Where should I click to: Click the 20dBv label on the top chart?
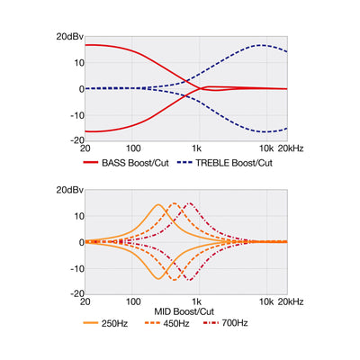(x=69, y=37)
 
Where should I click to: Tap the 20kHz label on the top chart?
(x=291, y=148)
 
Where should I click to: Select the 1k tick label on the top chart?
(x=196, y=148)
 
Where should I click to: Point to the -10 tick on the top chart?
(x=77, y=115)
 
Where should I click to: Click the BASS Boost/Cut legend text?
(x=135, y=163)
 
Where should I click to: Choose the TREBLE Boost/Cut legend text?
(x=234, y=163)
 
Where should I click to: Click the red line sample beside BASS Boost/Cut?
(x=91, y=163)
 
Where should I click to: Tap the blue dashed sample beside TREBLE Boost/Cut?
(x=184, y=163)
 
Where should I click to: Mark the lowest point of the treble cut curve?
(x=264, y=131)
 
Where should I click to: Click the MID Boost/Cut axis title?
(x=184, y=311)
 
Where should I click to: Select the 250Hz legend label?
(x=114, y=323)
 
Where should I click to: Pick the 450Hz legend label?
(x=176, y=323)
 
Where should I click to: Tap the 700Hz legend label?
(x=235, y=323)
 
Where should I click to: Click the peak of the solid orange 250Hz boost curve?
(x=158, y=204)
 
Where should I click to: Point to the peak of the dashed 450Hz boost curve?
(x=174, y=203)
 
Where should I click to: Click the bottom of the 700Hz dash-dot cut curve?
(x=190, y=280)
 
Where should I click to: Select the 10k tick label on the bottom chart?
(x=266, y=301)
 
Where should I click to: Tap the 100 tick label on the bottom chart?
(x=133, y=301)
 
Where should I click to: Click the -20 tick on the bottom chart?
(x=77, y=293)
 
